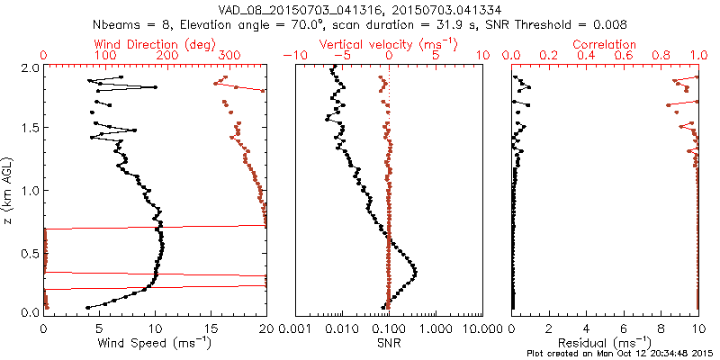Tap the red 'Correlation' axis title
click(605, 44)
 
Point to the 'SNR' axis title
click(389, 343)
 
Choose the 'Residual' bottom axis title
click(605, 343)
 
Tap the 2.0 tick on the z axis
click(29, 68)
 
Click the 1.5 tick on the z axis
click(29, 130)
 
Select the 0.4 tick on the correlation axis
click(588, 56)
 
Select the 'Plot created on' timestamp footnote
click(621, 353)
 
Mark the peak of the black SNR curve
click(416, 272)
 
